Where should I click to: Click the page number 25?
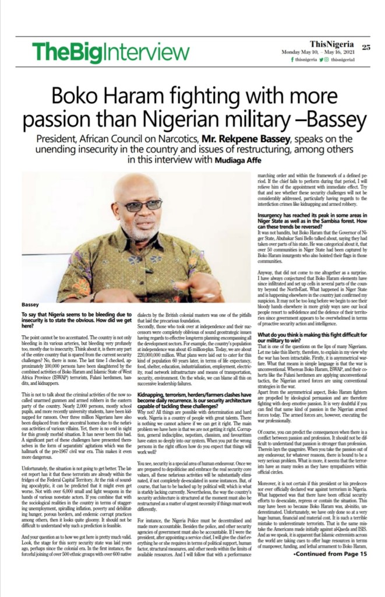pos(365,47)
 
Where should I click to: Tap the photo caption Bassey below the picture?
pos(30,304)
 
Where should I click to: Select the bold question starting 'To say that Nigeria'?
pos(75,319)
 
